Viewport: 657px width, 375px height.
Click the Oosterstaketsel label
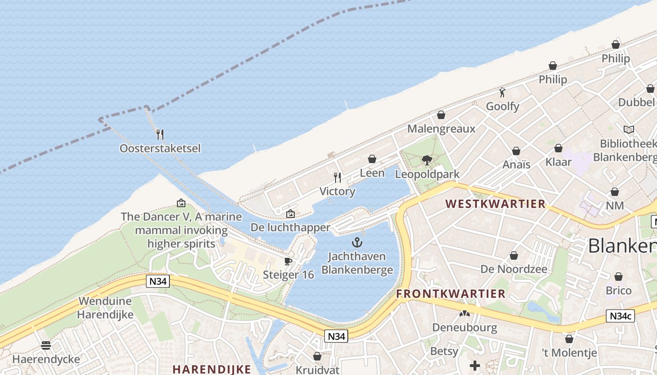pos(160,149)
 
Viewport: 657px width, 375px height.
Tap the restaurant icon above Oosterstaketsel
pos(160,135)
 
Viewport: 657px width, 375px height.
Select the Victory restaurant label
pos(337,191)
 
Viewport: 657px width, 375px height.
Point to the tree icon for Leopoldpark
pos(427,160)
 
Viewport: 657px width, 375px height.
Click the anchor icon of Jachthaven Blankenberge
pos(357,242)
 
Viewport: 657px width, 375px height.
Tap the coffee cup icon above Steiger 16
pos(288,261)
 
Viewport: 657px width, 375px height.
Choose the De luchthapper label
pos(290,228)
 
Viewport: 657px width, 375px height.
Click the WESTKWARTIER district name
pos(496,204)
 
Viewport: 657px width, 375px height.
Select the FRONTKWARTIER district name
pos(451,294)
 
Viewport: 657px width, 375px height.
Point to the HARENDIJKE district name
pos(212,369)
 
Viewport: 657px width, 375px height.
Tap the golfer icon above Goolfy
pos(502,92)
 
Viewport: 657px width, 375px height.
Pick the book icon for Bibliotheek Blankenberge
pos(628,129)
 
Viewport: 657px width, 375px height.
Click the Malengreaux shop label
pos(441,129)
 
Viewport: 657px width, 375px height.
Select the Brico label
pos(619,291)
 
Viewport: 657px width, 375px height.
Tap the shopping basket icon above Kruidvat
pos(317,356)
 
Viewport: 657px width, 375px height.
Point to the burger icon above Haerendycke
pos(46,345)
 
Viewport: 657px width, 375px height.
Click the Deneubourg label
pos(465,327)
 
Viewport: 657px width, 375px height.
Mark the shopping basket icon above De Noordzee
pos(514,255)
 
